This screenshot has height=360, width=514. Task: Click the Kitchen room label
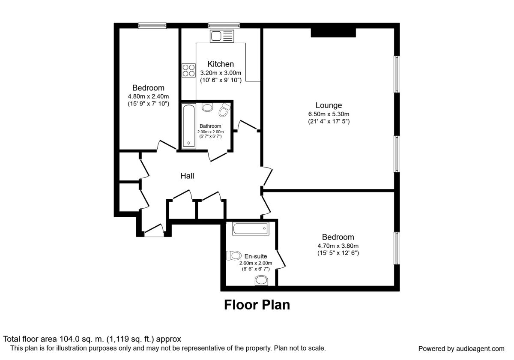click(x=221, y=64)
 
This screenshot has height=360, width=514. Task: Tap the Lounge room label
click(x=329, y=105)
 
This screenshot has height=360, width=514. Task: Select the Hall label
click(x=187, y=176)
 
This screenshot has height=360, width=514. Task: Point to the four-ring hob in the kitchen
click(x=188, y=70)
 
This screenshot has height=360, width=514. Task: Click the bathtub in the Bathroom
click(x=188, y=126)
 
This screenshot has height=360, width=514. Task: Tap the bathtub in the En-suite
click(x=250, y=229)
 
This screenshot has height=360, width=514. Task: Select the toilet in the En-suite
click(x=235, y=256)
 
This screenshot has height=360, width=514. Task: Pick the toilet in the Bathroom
click(x=224, y=110)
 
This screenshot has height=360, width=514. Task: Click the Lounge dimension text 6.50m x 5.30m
click(x=329, y=114)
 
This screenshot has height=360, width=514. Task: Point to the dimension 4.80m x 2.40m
click(x=148, y=96)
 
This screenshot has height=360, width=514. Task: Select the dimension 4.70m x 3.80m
click(x=338, y=246)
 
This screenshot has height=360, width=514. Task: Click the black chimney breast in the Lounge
click(x=333, y=33)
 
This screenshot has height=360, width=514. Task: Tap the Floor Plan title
click(x=257, y=305)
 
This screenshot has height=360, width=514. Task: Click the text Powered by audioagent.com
click(x=461, y=348)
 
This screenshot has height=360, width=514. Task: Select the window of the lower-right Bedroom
click(x=397, y=249)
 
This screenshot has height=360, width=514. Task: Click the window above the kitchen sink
click(x=224, y=26)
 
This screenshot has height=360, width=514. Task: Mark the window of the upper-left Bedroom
click(x=152, y=26)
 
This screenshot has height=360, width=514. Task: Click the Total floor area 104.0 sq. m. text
click(x=92, y=339)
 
